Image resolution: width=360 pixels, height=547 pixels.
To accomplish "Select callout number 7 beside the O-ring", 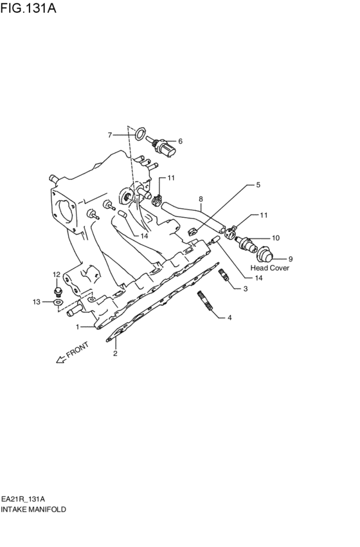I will [110, 135].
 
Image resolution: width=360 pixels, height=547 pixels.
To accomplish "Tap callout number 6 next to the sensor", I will [181, 141].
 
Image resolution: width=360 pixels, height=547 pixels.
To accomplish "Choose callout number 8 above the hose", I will [201, 199].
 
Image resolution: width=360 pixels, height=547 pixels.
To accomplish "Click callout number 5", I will [258, 185].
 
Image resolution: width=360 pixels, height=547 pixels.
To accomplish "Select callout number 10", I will [276, 238].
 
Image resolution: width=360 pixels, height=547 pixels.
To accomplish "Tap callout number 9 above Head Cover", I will [290, 259].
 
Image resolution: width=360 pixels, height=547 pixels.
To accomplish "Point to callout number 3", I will [245, 289].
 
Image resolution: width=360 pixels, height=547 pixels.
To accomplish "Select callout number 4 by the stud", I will [229, 318].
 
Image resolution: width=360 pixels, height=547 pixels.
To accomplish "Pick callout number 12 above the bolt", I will [56, 274].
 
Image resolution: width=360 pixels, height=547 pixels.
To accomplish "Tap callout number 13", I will [37, 301].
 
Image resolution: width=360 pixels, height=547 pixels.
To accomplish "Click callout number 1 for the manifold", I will [78, 327].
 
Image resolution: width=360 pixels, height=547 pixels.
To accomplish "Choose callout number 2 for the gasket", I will [116, 353].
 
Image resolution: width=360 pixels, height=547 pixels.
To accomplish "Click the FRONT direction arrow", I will [63, 357].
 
